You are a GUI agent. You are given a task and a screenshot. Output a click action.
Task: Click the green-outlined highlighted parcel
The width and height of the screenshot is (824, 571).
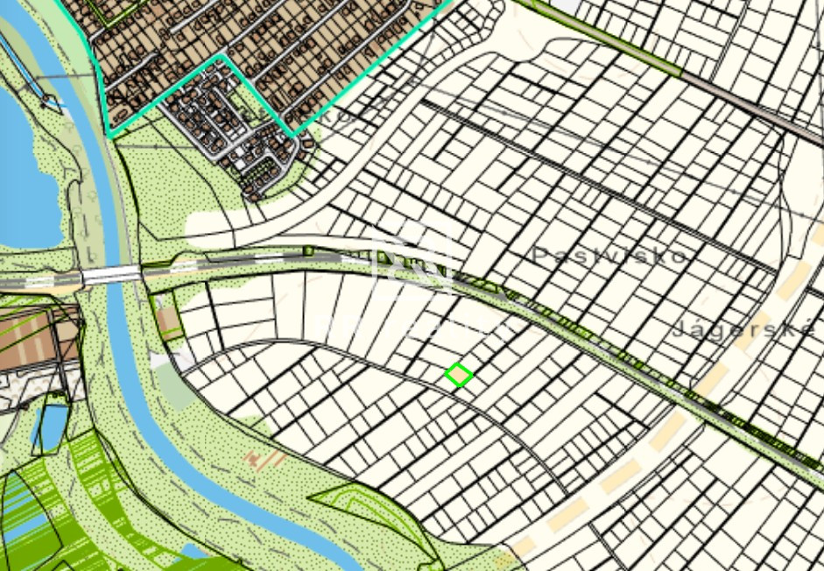point(459,376)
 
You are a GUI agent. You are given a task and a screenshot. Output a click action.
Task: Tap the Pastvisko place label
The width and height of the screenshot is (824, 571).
point(609,255)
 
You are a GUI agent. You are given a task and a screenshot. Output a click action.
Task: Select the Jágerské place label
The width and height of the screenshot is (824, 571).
point(745,329)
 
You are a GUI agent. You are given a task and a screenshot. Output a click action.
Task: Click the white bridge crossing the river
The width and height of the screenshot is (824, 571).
point(111,276)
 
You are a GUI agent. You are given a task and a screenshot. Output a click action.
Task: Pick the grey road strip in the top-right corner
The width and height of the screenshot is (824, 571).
point(753,105)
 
